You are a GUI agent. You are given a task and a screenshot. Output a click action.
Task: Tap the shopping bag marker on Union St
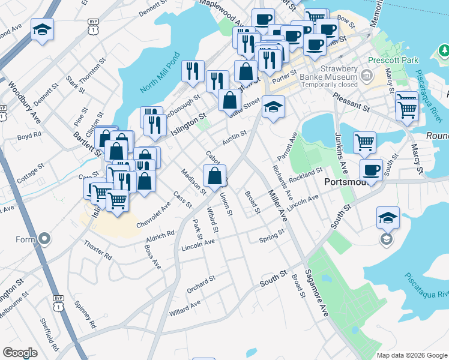tap(215, 175)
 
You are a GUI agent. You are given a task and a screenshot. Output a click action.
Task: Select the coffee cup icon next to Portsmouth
tap(371, 169)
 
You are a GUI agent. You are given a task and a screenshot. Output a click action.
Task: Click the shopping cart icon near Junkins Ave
tap(364, 142)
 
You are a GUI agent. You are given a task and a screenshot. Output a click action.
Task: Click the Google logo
tap(20, 352)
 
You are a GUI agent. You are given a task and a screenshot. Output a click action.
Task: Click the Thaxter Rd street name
tap(98, 250)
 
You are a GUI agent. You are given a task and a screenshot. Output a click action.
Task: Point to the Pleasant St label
tap(350, 100)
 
